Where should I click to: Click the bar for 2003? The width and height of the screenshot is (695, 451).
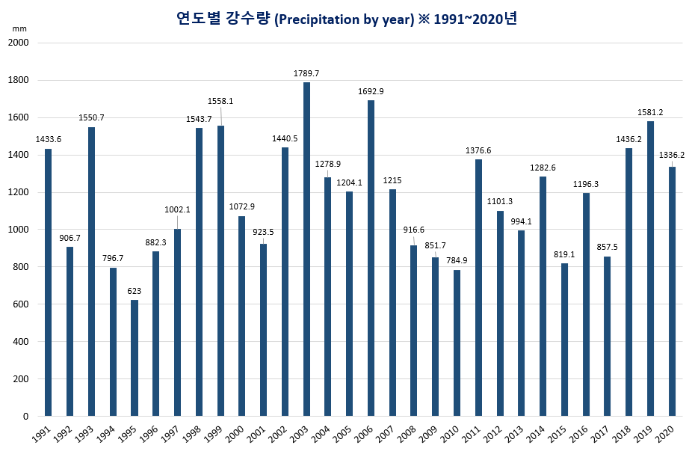click(306, 249)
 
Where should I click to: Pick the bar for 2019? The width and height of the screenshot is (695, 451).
click(650, 269)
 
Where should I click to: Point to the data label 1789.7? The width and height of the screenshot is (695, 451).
click(306, 73)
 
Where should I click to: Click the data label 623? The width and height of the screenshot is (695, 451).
click(135, 291)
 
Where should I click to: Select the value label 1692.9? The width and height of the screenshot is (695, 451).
click(371, 91)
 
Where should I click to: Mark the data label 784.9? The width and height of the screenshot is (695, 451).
click(457, 260)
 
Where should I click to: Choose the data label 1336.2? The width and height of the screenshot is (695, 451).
click(672, 155)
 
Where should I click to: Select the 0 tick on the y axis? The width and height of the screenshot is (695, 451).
click(25, 417)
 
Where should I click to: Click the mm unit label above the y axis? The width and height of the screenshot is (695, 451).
click(18, 28)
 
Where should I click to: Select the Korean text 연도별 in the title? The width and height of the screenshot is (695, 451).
click(198, 19)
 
